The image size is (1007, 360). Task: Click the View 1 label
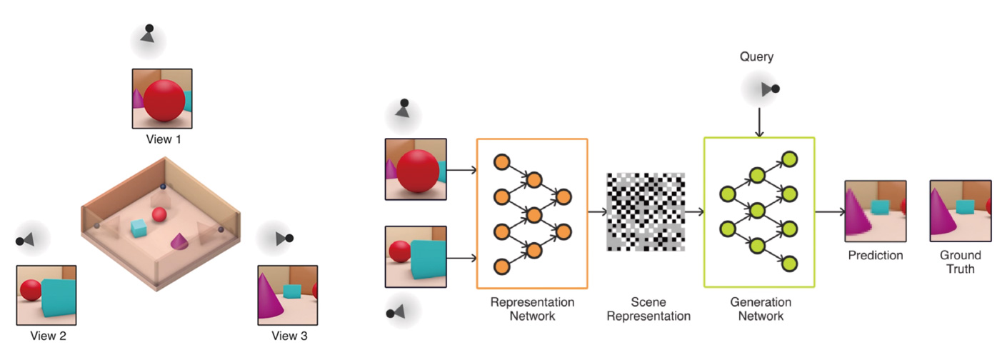[x=164, y=139]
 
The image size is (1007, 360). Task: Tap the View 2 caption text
[x=49, y=336]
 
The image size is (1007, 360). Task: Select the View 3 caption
[x=289, y=336]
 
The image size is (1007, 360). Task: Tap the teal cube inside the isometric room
[x=139, y=229]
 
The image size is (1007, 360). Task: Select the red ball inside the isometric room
[x=160, y=214]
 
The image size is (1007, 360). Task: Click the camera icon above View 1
[x=148, y=34]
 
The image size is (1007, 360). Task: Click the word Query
[x=756, y=56]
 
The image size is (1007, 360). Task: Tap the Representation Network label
[x=531, y=309]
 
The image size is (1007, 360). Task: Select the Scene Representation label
[x=649, y=309]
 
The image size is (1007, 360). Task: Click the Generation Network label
[x=760, y=309]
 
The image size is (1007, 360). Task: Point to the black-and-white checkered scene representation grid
[x=645, y=212]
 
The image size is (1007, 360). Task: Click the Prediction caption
[x=875, y=255]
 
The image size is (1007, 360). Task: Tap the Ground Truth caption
[x=960, y=261]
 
